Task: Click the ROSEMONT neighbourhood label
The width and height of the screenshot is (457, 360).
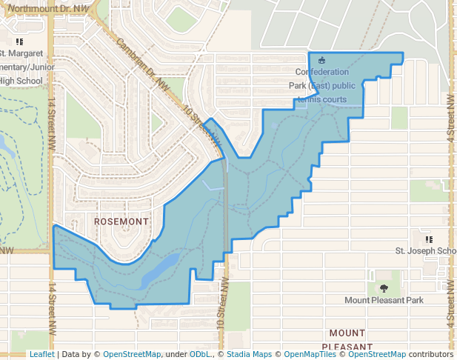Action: tap(121, 221)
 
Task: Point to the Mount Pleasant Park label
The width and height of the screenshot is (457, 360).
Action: tap(384, 300)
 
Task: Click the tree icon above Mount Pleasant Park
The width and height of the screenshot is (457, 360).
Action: tap(384, 287)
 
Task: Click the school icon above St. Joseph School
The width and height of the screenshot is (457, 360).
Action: tap(429, 239)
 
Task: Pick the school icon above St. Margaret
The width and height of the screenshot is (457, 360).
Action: tap(19, 41)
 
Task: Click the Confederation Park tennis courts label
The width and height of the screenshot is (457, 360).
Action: tap(321, 85)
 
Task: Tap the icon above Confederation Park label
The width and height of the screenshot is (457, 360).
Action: tap(321, 60)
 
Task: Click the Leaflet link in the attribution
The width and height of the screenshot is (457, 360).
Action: tap(41, 354)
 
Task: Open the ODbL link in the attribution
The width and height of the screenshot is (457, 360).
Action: tap(200, 354)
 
